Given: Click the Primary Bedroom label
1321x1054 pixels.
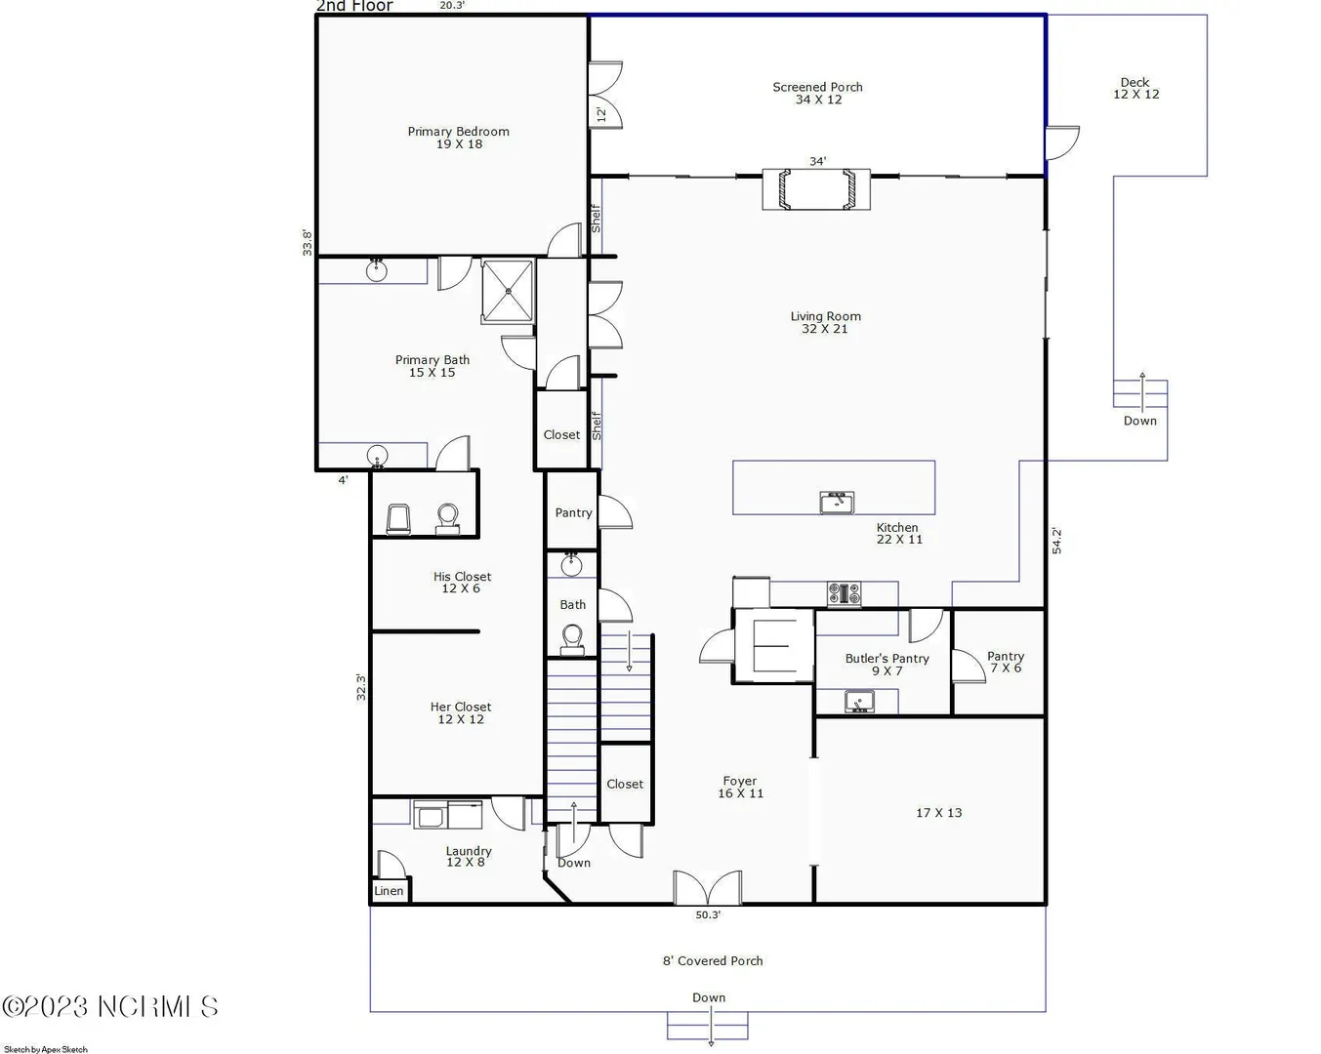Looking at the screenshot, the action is (x=459, y=138).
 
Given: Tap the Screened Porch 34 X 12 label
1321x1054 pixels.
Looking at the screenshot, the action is (x=817, y=94).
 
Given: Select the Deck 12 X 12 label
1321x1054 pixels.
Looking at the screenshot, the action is (x=1135, y=89).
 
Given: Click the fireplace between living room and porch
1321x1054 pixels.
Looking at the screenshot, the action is (x=816, y=189).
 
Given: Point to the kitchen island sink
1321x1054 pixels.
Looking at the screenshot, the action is (x=837, y=503).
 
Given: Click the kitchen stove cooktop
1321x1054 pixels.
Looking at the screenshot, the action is (x=844, y=594).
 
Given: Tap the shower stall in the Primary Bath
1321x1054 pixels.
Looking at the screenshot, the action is (x=508, y=291).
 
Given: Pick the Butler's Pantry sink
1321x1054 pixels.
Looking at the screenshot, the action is (x=859, y=701).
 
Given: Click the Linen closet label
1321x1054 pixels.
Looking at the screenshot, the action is (x=389, y=891).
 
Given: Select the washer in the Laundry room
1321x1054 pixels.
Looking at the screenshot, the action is (x=430, y=815).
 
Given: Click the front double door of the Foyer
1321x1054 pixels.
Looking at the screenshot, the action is (x=707, y=888).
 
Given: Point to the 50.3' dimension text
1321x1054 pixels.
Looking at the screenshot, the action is (x=708, y=914).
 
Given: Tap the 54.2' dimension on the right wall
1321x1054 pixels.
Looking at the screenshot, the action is (x=1057, y=541).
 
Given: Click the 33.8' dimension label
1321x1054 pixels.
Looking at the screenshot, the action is (x=308, y=242).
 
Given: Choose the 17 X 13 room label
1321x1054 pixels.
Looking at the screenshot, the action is (x=938, y=813).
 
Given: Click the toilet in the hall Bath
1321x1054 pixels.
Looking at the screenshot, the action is (x=573, y=640).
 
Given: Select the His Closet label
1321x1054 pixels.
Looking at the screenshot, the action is (x=462, y=583).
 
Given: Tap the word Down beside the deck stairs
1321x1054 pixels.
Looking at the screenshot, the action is (x=1140, y=421).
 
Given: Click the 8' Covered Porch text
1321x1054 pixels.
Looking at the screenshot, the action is (x=713, y=960).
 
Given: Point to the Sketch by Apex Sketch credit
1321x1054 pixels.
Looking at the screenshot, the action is (x=46, y=1050).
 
